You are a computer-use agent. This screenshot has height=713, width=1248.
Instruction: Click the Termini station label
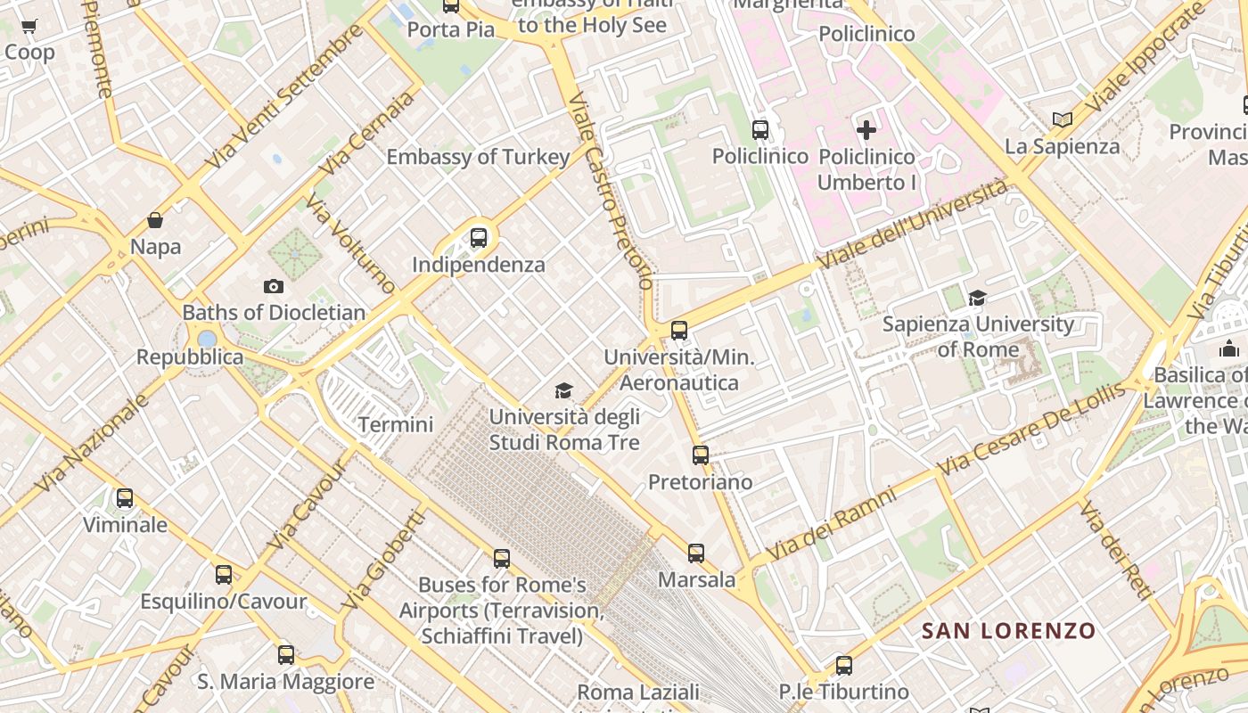pyautogui.click(x=396, y=424)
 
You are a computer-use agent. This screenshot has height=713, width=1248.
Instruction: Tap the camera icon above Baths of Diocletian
pyautogui.click(x=274, y=286)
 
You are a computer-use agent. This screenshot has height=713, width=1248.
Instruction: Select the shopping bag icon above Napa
pyautogui.click(x=155, y=220)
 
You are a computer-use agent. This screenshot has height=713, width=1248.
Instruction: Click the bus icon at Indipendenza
pyautogui.click(x=479, y=238)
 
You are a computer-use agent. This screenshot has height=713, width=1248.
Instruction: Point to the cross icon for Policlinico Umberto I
pyautogui.click(x=866, y=130)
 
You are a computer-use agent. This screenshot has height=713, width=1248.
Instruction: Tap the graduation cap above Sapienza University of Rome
pyautogui.click(x=978, y=298)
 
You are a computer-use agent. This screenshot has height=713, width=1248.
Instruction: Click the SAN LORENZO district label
pyautogui.click(x=1008, y=631)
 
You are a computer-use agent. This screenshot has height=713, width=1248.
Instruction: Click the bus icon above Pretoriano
pyautogui.click(x=701, y=455)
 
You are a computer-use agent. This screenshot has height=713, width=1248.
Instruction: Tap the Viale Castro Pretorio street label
pyautogui.click(x=612, y=192)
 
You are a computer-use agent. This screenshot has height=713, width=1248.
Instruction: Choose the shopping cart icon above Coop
pyautogui.click(x=29, y=27)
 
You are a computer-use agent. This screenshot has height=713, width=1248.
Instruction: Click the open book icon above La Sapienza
pyautogui.click(x=1062, y=119)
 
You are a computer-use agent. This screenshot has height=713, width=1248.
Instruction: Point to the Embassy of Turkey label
pyautogui.click(x=478, y=157)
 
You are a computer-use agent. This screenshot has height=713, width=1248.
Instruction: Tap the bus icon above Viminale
pyautogui.click(x=125, y=498)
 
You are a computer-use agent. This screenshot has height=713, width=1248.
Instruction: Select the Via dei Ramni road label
pyautogui.click(x=842, y=522)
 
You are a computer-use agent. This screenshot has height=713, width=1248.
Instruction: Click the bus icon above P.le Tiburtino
pyautogui.click(x=843, y=665)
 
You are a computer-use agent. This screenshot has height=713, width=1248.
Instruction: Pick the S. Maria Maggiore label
pyautogui.click(x=286, y=682)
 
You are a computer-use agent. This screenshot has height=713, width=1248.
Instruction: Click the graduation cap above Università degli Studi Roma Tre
pyautogui.click(x=563, y=390)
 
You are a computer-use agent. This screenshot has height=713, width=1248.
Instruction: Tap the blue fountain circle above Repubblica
pyautogui.click(x=208, y=339)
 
